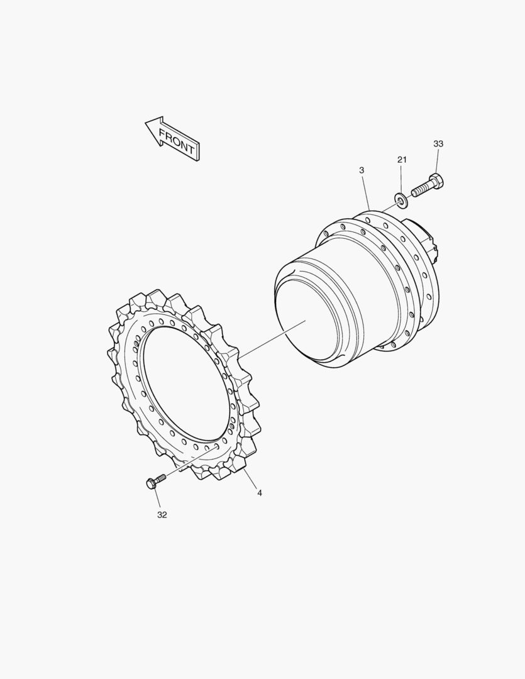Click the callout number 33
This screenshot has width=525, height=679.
[x=438, y=144]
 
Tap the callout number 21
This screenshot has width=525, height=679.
[x=402, y=160]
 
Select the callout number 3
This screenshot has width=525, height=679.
[x=362, y=170]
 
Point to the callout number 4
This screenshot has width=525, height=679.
[x=260, y=493]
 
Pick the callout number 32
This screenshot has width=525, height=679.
[x=162, y=515]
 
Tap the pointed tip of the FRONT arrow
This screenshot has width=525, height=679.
[x=145, y=123]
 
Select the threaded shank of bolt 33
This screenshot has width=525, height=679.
[x=420, y=190]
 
